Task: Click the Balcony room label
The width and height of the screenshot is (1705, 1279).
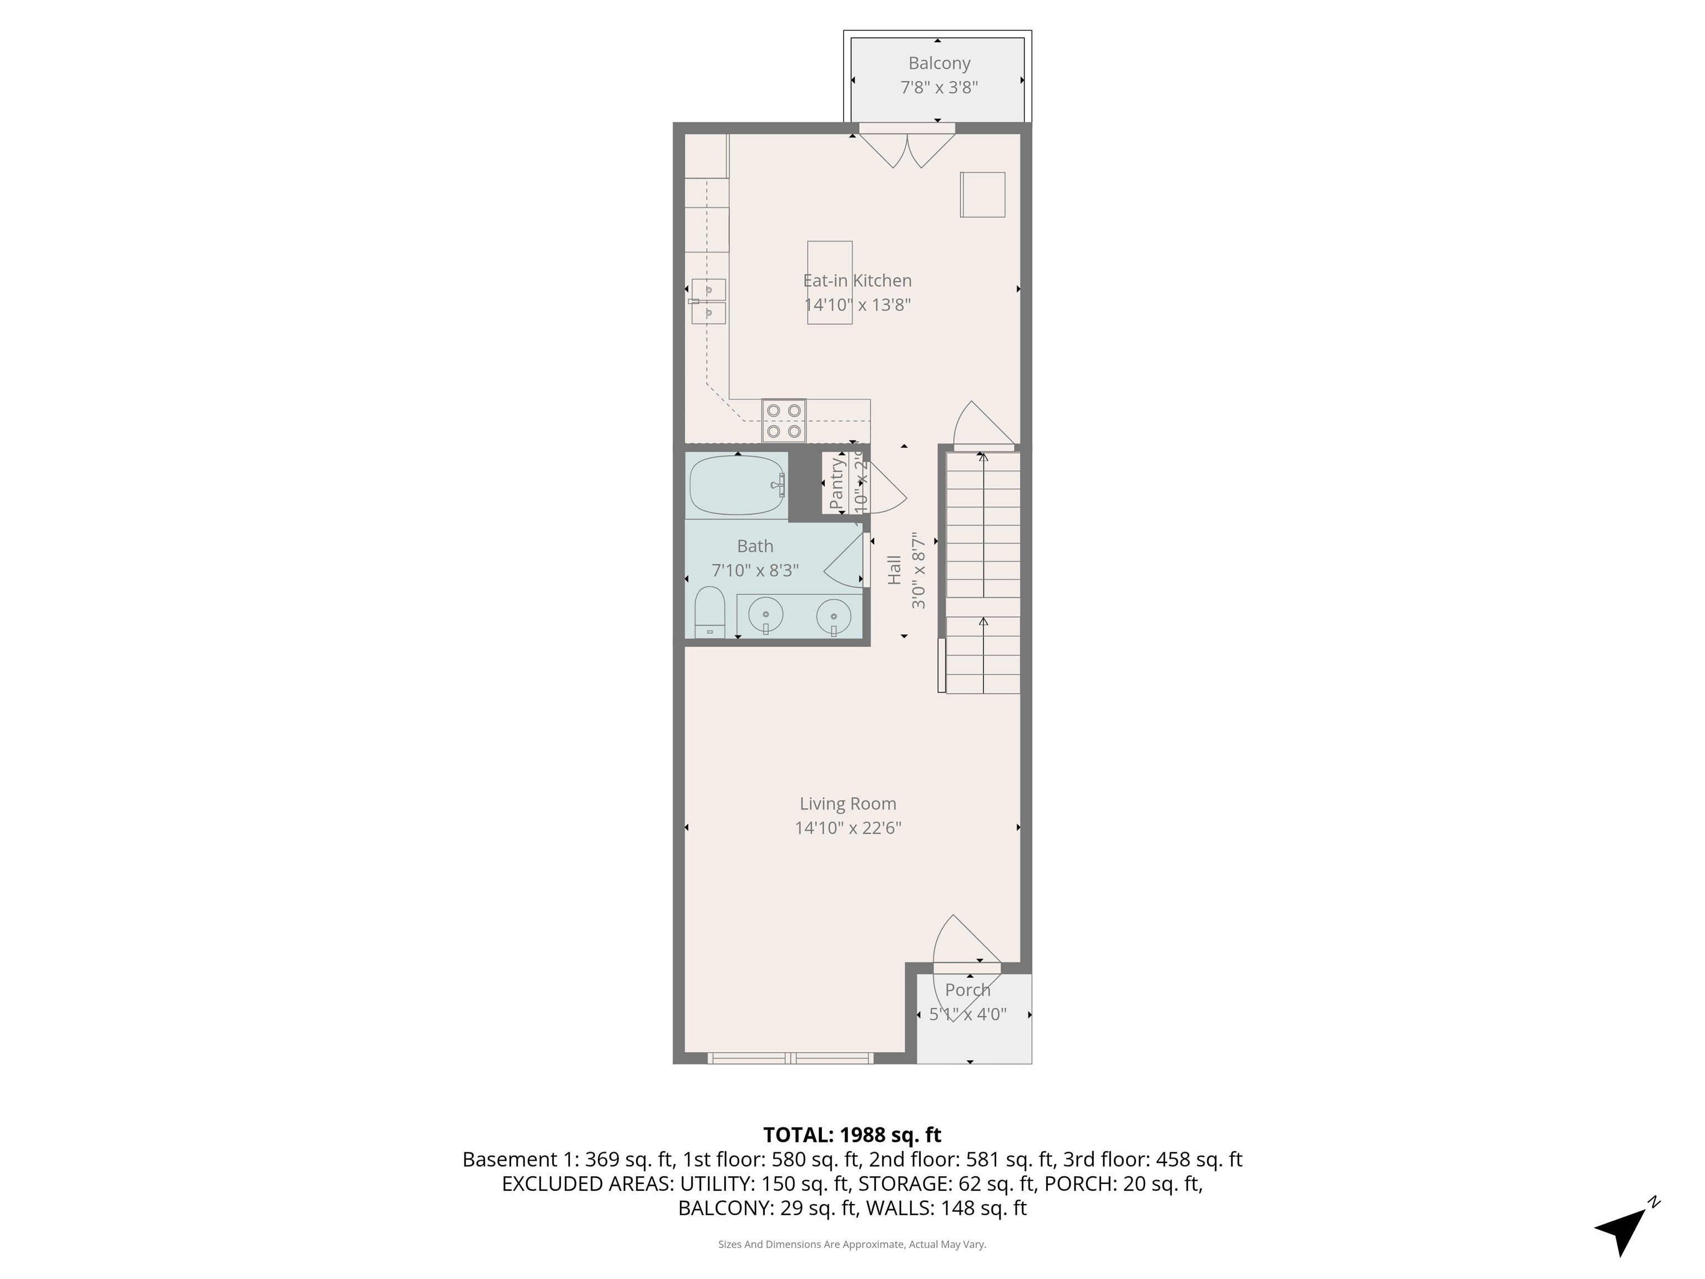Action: click(x=939, y=63)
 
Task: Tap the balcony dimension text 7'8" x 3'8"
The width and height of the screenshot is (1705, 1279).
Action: click(x=939, y=88)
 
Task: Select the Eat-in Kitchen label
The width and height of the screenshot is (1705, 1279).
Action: click(x=857, y=281)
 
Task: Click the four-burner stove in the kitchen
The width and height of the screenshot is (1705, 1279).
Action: click(x=784, y=420)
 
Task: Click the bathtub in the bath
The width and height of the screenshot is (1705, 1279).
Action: click(x=736, y=485)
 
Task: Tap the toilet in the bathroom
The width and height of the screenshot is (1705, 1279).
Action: click(x=710, y=612)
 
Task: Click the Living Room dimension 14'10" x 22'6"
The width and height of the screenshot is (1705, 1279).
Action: click(x=848, y=828)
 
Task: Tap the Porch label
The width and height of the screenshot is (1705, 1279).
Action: click(x=967, y=990)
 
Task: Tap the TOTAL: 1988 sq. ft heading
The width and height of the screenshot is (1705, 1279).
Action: click(x=852, y=1135)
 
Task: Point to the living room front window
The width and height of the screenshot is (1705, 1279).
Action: click(x=790, y=1059)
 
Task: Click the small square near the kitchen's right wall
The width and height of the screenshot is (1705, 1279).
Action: click(x=982, y=194)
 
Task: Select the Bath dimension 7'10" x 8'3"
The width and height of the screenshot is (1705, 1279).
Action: click(x=755, y=571)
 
